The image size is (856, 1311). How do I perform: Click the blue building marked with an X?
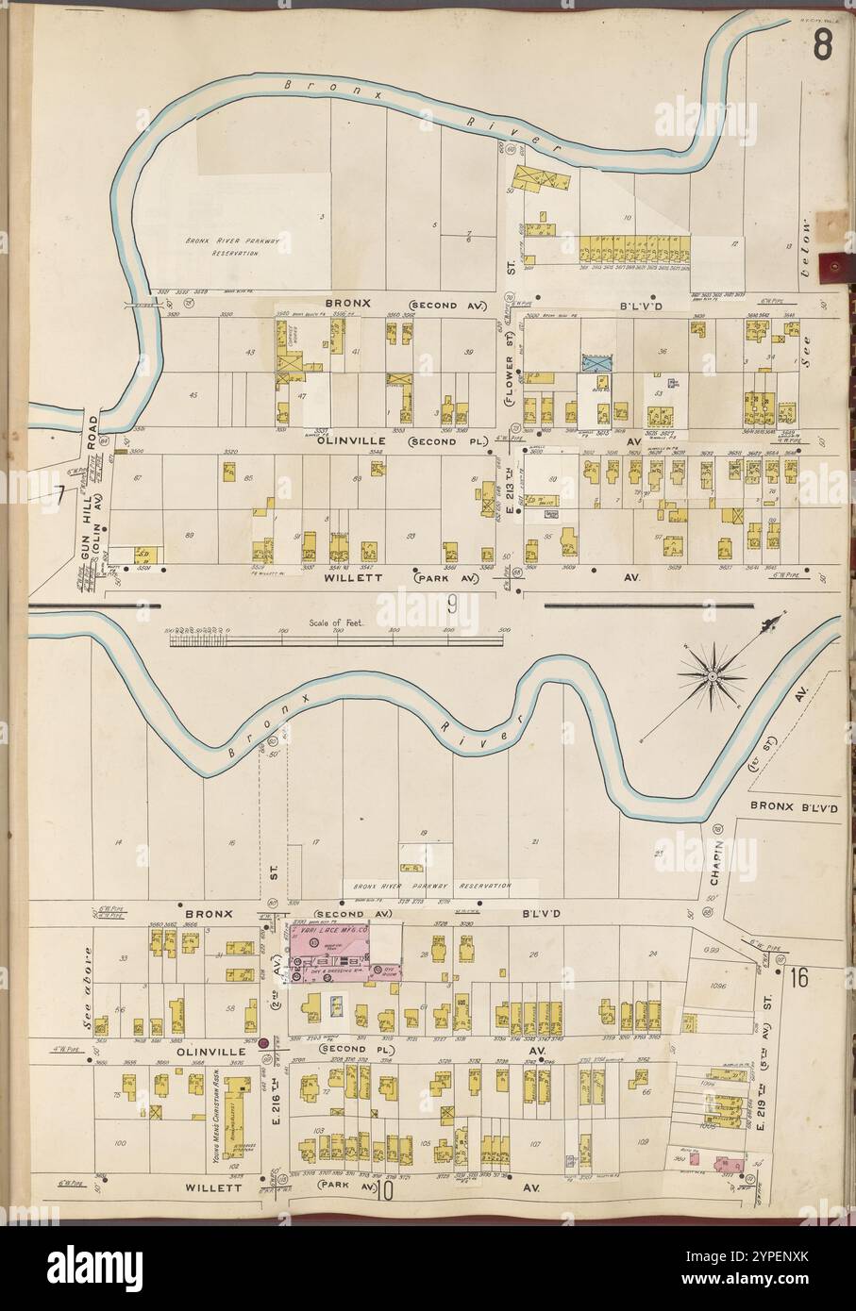(596, 363)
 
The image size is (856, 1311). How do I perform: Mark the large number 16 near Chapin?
(800, 977)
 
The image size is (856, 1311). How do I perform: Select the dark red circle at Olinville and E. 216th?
(265, 1042)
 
